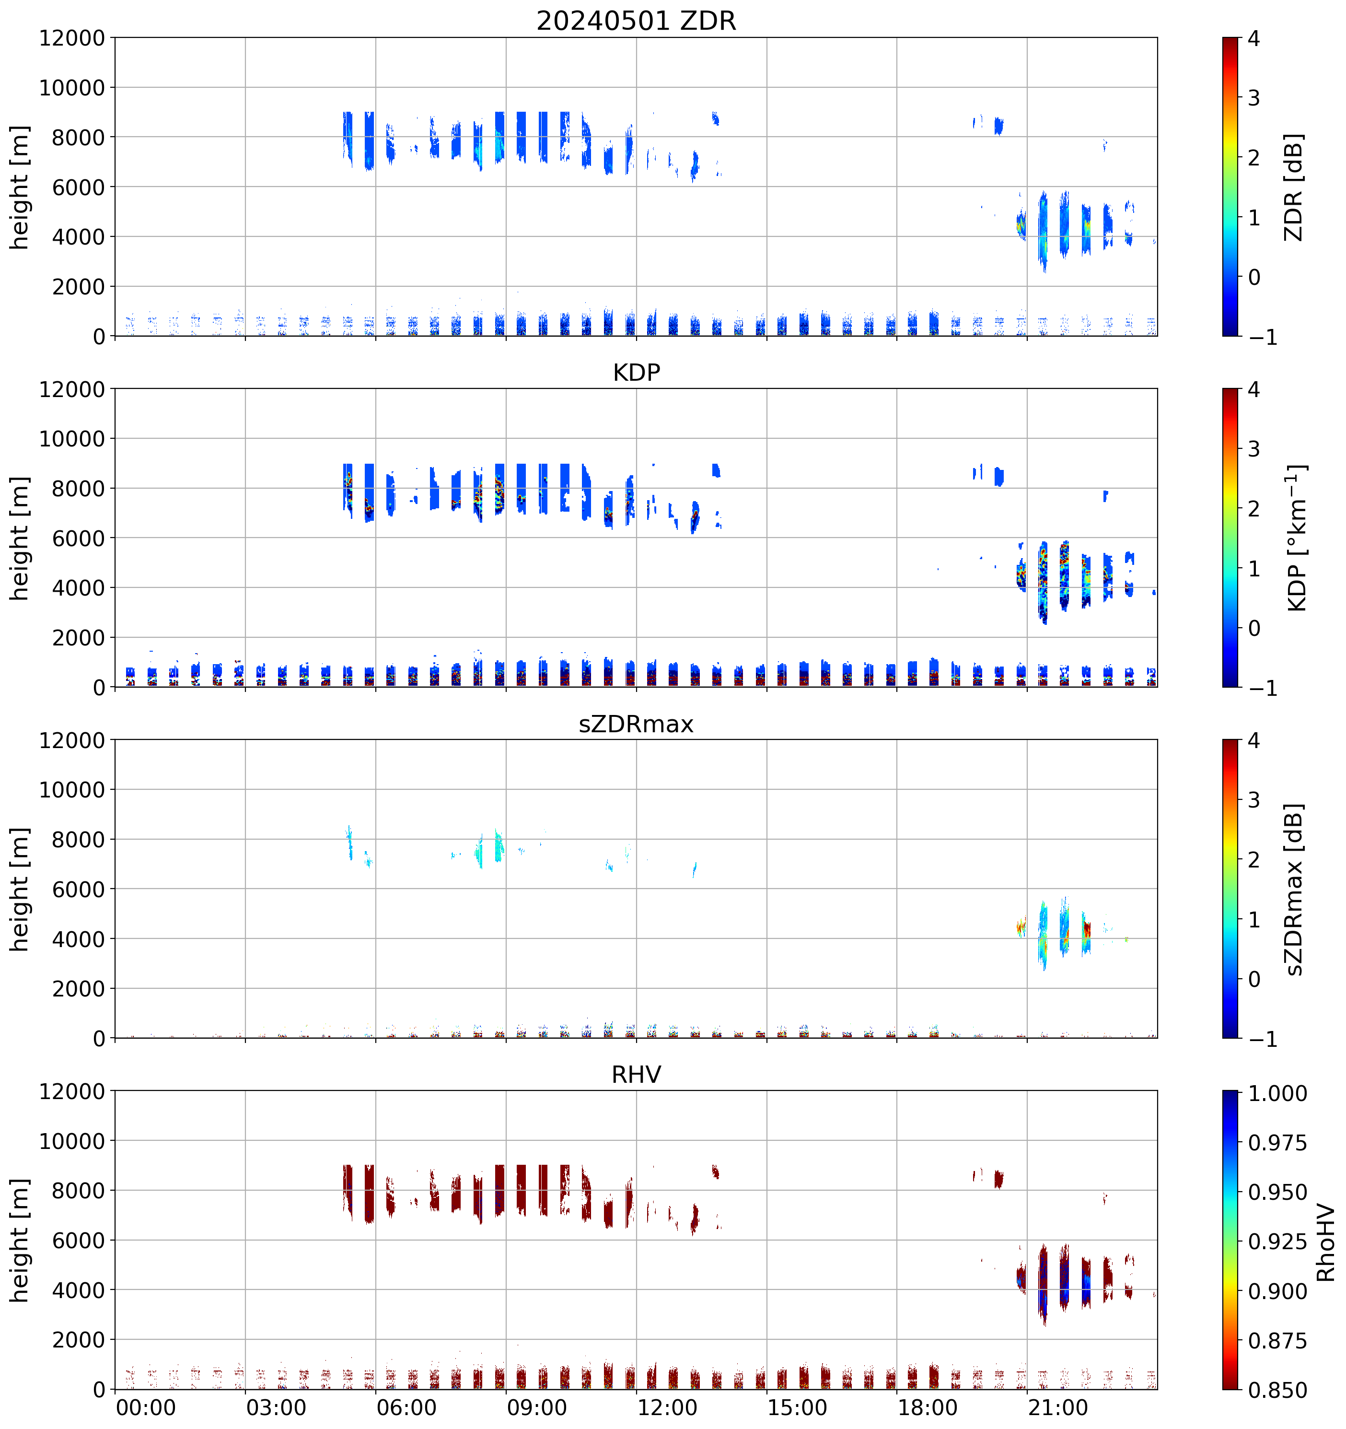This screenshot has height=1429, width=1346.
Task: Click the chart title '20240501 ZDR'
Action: click(x=636, y=21)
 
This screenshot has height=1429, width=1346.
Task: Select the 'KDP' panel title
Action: click(x=636, y=372)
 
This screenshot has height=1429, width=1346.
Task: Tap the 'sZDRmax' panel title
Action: click(x=636, y=723)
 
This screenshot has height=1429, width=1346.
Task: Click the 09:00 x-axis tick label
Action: click(x=537, y=1407)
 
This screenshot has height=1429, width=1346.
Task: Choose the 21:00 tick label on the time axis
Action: click(x=1058, y=1407)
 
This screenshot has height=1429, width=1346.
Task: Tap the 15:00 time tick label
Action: click(x=797, y=1407)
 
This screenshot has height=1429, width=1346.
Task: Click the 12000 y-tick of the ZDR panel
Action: click(x=72, y=38)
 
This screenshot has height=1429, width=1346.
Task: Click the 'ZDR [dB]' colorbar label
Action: click(x=1294, y=187)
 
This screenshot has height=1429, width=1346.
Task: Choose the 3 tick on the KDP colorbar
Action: click(x=1254, y=449)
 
